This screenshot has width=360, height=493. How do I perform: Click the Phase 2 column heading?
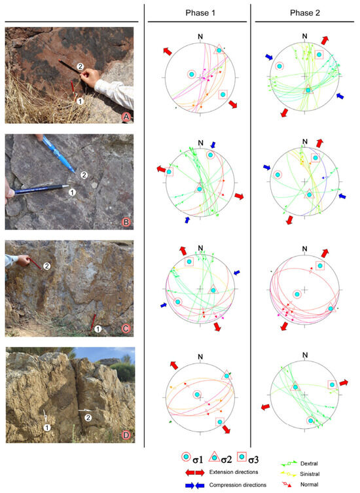tap(304, 13)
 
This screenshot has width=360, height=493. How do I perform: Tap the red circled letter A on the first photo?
tap(126, 117)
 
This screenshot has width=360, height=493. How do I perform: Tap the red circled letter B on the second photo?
tap(126, 223)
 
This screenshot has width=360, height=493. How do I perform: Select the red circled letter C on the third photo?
tap(126, 329)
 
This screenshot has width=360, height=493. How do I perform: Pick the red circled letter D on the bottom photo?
tap(126, 435)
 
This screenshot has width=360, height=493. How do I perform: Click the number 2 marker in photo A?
tap(80, 66)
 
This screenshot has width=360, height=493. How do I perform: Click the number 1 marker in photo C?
tap(98, 329)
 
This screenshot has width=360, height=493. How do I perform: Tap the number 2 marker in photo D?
tap(88, 418)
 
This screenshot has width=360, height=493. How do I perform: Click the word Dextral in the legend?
tap(309, 464)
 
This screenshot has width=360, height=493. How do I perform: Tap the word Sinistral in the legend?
tap(310, 474)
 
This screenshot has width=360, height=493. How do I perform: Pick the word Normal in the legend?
tap(309, 484)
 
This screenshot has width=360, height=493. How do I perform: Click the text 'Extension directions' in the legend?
tap(234, 472)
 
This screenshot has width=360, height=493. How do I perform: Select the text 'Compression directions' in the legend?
tap(238, 485)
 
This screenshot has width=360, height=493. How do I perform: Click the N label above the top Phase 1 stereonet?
tap(200, 37)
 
